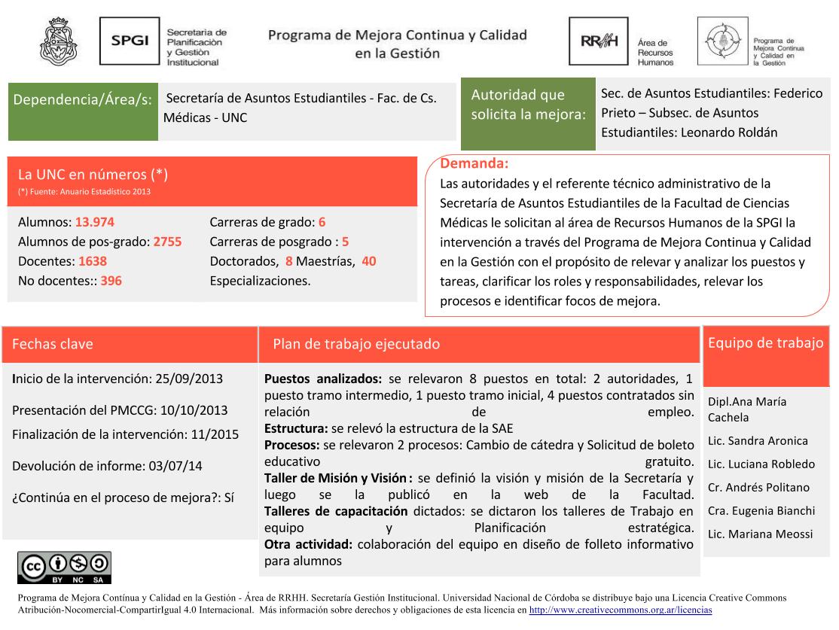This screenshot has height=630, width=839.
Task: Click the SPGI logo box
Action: tap(130, 41)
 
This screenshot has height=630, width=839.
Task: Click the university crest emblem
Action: tap(58, 41)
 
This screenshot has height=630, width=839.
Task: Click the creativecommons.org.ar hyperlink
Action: tap(621, 610)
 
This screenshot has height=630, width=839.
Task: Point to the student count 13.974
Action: tap(95, 223)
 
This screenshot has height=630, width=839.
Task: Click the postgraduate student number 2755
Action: tap(167, 242)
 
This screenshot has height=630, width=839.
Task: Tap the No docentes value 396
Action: tap(111, 281)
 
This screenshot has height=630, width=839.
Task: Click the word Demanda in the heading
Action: tap(474, 163)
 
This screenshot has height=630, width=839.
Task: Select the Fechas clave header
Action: tap(53, 344)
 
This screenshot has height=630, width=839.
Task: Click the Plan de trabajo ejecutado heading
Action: tap(356, 344)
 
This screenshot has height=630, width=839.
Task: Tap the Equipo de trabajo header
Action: tap(765, 343)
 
